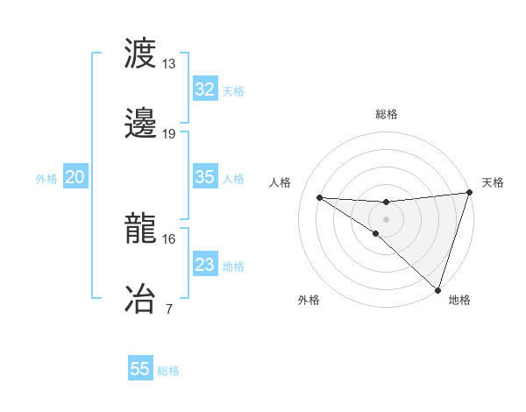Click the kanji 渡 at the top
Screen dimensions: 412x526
point(140,53)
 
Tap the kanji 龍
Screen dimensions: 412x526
point(140,229)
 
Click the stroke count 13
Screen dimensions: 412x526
point(169,64)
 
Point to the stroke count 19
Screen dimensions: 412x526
point(169,133)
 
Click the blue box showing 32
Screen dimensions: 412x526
point(204,89)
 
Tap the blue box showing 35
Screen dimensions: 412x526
point(204,177)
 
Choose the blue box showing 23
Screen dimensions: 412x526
point(204,265)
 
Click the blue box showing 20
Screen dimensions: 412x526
point(75,178)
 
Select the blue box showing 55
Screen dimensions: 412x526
point(140,369)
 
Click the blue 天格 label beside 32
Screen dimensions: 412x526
point(233,90)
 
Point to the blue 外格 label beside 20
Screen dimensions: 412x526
point(46,179)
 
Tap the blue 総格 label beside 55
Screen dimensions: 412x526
point(168,371)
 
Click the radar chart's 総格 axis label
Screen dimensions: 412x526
point(387,114)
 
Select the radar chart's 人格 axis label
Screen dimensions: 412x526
point(281,182)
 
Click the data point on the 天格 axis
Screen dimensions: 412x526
point(469,194)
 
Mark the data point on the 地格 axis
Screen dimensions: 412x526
point(437,289)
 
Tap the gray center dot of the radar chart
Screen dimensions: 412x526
point(387,218)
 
